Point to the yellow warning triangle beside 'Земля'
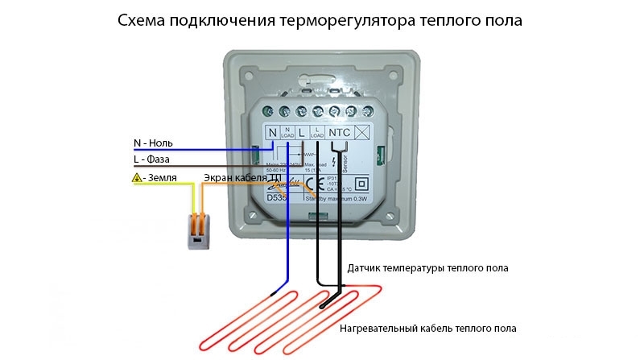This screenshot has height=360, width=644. click(138, 176)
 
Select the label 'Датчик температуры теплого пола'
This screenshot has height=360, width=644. click(427, 267)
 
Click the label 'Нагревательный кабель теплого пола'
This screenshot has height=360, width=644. click(427, 329)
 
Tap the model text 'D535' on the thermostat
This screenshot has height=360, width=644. click(276, 196)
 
